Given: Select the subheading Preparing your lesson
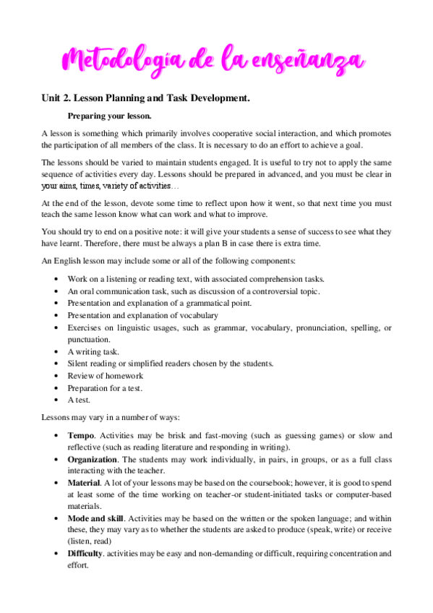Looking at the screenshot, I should pyautogui.click(x=109, y=116).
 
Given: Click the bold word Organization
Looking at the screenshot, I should pyautogui.click(x=93, y=459).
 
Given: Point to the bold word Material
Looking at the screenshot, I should pyautogui.click(x=84, y=482).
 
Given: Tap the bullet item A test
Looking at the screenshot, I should pyautogui.click(x=81, y=399).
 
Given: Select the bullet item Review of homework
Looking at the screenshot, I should pyautogui.click(x=106, y=375).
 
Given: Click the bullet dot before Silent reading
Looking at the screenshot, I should pyautogui.click(x=57, y=364).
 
